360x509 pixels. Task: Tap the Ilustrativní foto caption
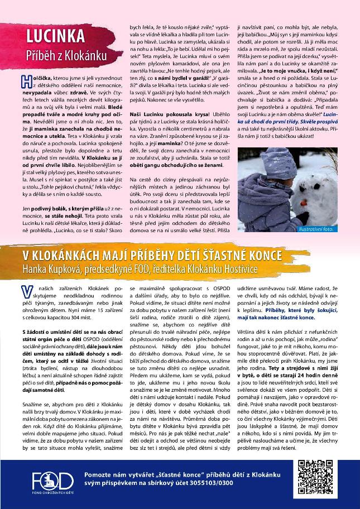coord(332,228)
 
